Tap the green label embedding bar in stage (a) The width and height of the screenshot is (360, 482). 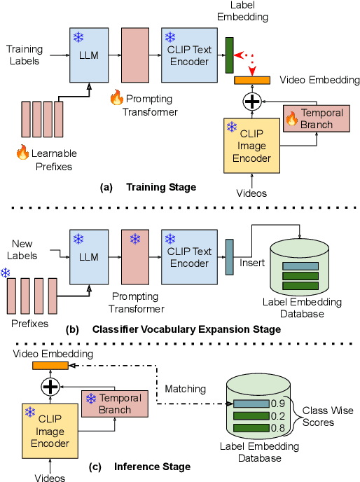tap(229, 55)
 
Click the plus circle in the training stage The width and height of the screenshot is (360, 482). tap(251, 101)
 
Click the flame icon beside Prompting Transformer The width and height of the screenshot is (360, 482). tap(116, 98)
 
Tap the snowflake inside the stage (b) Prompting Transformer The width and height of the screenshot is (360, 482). tap(135, 240)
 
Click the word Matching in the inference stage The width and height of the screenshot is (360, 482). tap(186, 388)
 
